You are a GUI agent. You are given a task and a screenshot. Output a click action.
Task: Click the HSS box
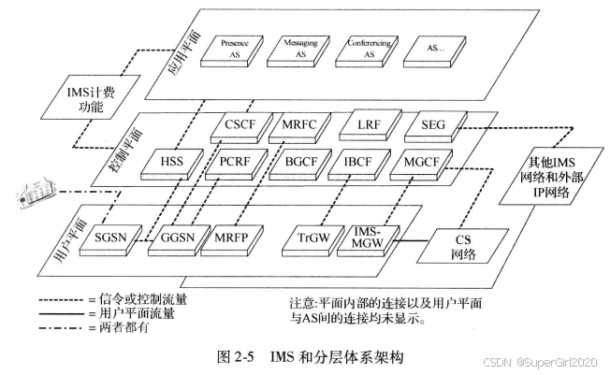[x=172, y=163]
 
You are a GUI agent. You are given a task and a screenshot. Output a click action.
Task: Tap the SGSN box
[x=115, y=238]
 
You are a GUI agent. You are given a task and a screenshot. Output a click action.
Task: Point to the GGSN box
[x=175, y=238]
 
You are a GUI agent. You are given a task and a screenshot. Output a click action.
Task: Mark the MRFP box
[x=231, y=238]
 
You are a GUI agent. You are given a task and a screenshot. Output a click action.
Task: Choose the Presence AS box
[x=231, y=50]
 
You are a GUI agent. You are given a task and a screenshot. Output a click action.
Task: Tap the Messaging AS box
[x=296, y=50]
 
